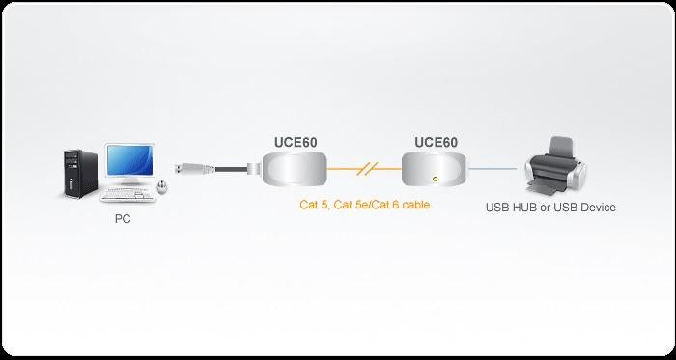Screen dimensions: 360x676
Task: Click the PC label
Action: (x=123, y=219)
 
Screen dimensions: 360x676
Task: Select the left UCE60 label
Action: (x=293, y=142)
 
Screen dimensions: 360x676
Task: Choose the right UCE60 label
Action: (x=436, y=142)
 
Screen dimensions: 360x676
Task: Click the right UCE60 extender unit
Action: (x=435, y=171)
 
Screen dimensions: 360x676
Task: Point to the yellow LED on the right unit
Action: (x=437, y=179)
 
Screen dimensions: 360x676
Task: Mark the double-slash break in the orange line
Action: (x=364, y=170)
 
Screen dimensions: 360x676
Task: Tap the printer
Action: (x=553, y=168)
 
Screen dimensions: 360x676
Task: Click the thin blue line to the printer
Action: (x=493, y=169)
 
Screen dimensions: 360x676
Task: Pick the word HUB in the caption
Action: (x=527, y=207)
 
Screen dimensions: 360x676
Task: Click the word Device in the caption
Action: (x=597, y=207)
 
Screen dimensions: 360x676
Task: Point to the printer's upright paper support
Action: (x=564, y=144)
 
